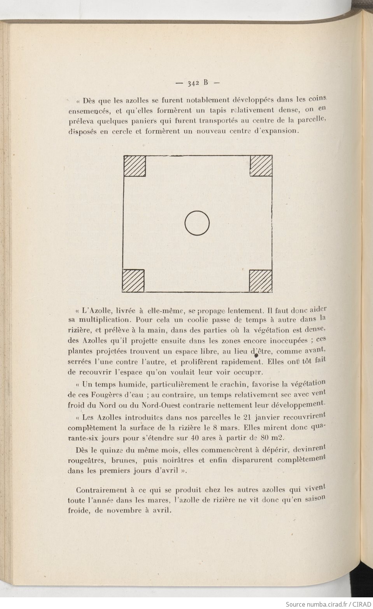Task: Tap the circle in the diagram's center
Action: pos(197,223)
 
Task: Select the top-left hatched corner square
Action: pos(135,166)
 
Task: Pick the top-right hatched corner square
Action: pos(261,166)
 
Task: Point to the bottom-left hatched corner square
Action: pos(133,280)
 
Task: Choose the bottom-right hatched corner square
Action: pos(260,280)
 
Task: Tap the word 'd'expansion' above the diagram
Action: pos(275,131)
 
